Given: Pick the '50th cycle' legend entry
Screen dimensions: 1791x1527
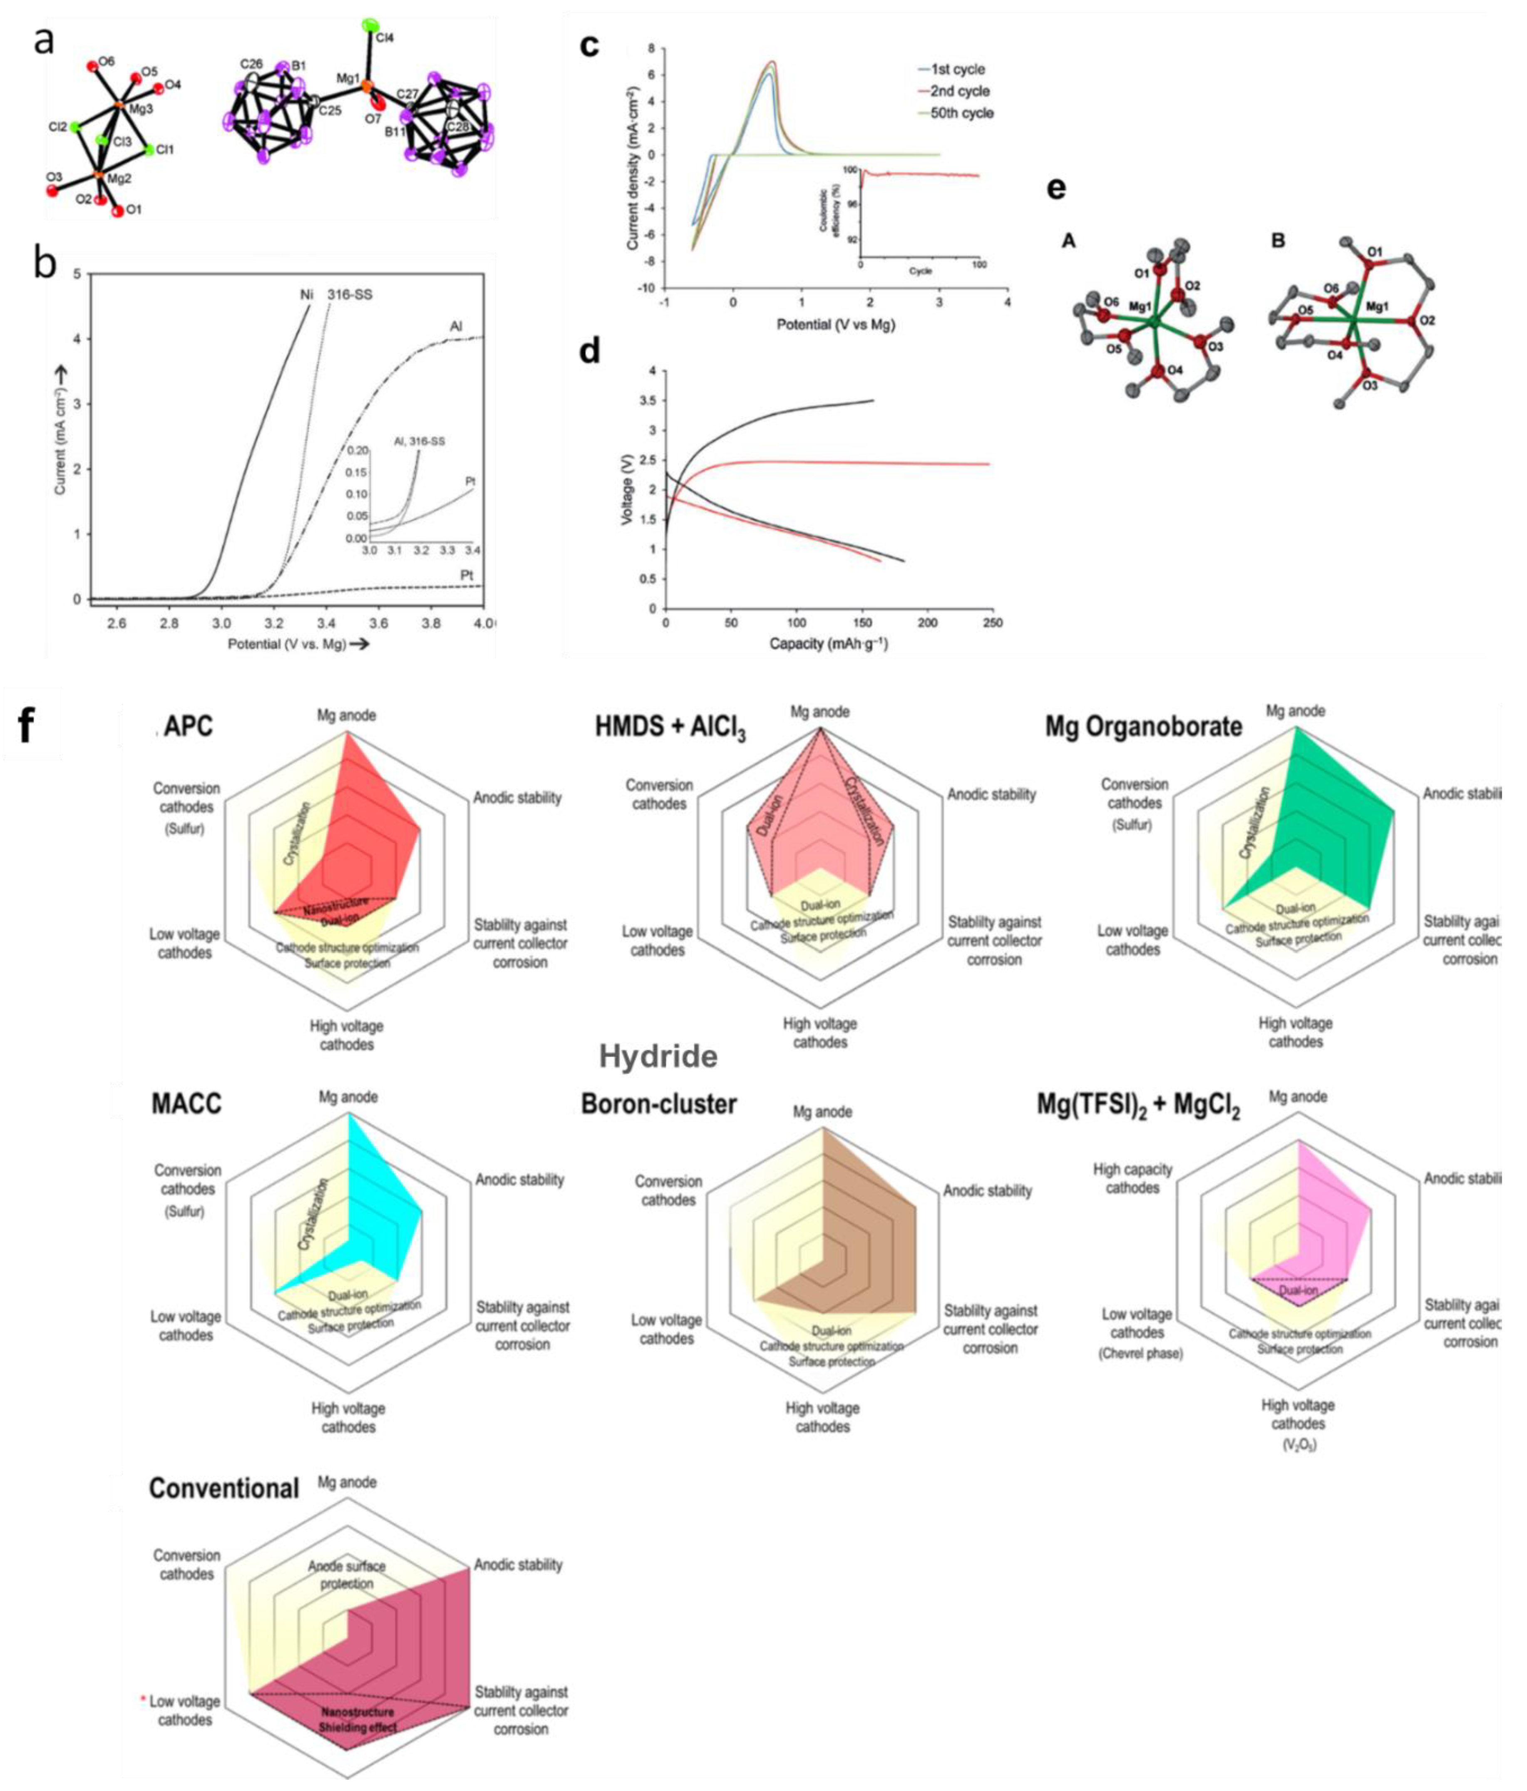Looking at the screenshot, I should (961, 113).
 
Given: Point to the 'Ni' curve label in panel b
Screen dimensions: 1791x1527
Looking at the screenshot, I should (306, 295).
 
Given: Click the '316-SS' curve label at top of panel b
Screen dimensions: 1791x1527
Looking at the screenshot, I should (350, 295).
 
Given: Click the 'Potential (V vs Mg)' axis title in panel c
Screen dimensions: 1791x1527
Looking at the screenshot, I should (835, 325).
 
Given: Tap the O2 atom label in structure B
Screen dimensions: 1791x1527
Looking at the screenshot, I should (1427, 320).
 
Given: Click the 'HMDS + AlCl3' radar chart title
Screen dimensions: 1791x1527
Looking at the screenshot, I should (670, 728).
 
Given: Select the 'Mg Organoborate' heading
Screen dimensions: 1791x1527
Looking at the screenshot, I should (1143, 726).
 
